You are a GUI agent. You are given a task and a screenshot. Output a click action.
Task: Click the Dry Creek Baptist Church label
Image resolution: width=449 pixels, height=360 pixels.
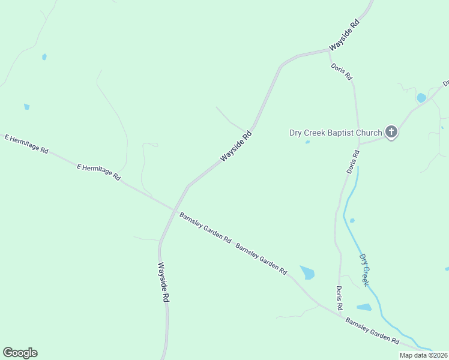pyautogui.click(x=336, y=133)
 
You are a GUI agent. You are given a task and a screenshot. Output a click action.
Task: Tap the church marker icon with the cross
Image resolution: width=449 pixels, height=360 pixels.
pyautogui.click(x=391, y=131)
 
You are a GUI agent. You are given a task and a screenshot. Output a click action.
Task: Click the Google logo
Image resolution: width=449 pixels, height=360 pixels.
pyautogui.click(x=20, y=353)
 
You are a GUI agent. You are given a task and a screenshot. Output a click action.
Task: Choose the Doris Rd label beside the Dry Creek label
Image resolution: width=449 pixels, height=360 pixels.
pyautogui.click(x=339, y=298)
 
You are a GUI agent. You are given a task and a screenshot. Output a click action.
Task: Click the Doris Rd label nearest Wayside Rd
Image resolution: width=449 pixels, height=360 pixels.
pyautogui.click(x=341, y=72)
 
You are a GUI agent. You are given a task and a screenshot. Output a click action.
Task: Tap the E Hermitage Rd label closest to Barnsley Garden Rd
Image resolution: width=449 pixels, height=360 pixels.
pyautogui.click(x=99, y=172)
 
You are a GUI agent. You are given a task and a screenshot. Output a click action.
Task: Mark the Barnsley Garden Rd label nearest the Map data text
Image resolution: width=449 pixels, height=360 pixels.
pyautogui.click(x=372, y=331)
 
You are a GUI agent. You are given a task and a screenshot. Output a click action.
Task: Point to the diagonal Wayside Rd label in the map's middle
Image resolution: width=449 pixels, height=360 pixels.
pyautogui.click(x=235, y=147)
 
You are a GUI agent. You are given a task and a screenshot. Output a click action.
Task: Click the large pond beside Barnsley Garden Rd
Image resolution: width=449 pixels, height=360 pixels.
pyautogui.click(x=307, y=272)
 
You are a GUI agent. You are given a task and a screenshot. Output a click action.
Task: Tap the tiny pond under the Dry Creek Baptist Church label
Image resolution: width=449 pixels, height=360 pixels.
pyautogui.click(x=307, y=142)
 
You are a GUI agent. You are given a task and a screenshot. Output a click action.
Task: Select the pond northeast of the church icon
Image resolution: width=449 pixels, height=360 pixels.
pyautogui.click(x=421, y=97)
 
